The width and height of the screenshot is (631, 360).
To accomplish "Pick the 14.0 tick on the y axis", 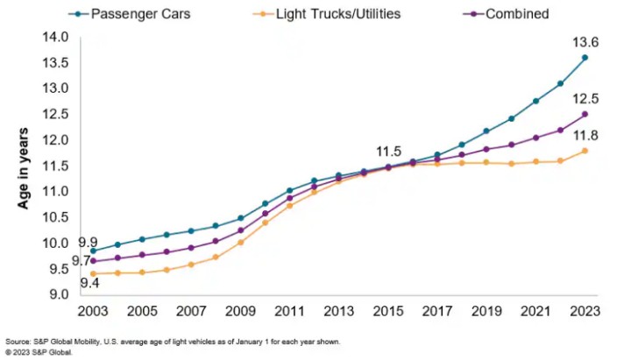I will [55, 37].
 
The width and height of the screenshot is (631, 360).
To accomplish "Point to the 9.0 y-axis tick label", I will [58, 294].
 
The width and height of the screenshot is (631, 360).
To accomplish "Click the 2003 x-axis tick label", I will [94, 311].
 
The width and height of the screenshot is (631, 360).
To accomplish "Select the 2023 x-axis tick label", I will [585, 311].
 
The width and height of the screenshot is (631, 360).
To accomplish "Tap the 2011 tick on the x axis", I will [290, 311].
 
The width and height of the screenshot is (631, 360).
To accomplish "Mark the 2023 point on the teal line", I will [585, 58].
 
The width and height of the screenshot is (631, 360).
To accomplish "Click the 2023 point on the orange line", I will [585, 151].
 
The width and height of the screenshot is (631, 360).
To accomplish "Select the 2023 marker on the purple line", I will [585, 114].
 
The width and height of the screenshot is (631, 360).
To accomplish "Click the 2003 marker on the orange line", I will [94, 273].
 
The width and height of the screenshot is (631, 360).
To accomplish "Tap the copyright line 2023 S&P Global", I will [39, 351].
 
